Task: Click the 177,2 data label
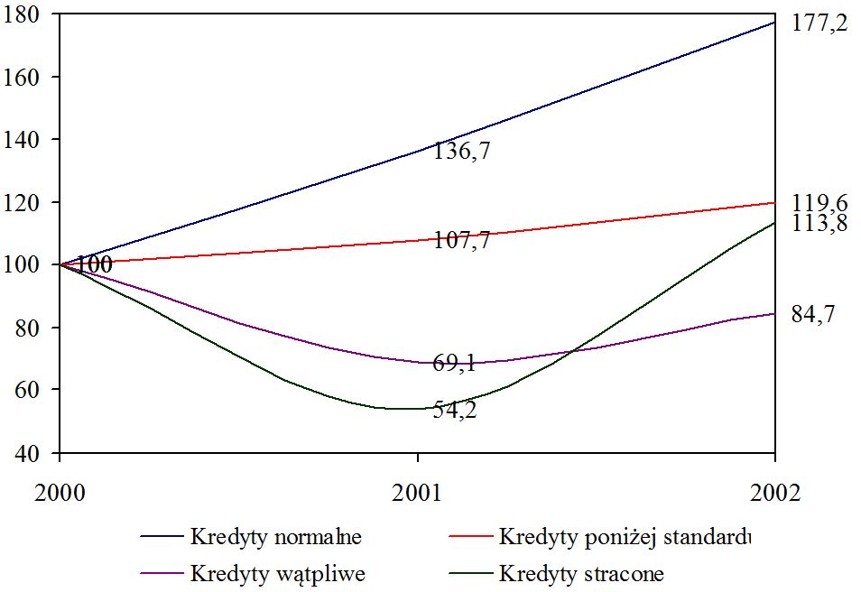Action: pyautogui.click(x=819, y=24)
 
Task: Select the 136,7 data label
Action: pyautogui.click(x=461, y=152)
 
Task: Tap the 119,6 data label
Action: pyautogui.click(x=819, y=202)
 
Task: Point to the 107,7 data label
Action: pyautogui.click(x=461, y=241)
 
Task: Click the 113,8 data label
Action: pyautogui.click(x=819, y=224)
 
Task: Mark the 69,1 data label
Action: pyautogui.click(x=455, y=365)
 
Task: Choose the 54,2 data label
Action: pyautogui.click(x=455, y=411)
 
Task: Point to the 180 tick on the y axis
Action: pyautogui.click(x=27, y=15)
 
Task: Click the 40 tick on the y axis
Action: pyautogui.click(x=34, y=452)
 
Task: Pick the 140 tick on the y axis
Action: pyautogui.click(x=27, y=140)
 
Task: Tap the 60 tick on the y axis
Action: pyautogui.click(x=34, y=390)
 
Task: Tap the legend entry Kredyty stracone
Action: pyautogui.click(x=581, y=574)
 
